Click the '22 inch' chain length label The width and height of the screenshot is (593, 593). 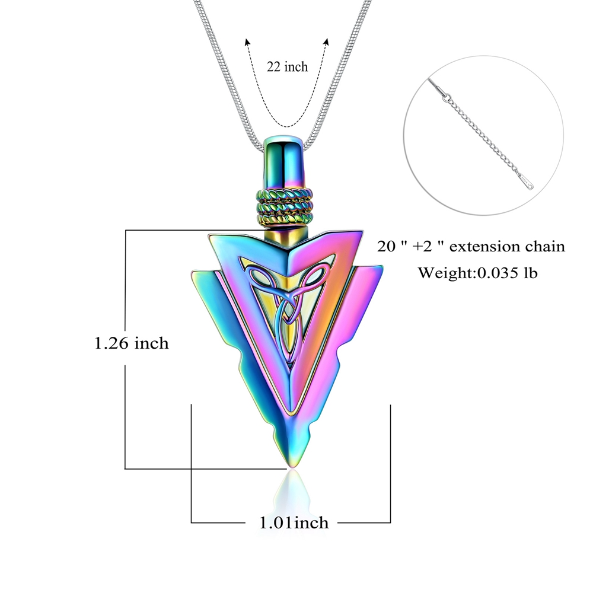point(287,67)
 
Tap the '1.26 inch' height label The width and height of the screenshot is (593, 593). point(131,343)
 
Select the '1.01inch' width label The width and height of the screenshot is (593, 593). point(294,522)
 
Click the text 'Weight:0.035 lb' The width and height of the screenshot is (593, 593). point(477,273)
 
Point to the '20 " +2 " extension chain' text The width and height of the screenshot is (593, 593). point(471,247)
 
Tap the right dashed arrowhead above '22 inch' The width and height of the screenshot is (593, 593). point(326,42)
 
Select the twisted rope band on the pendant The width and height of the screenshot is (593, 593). point(285,207)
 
